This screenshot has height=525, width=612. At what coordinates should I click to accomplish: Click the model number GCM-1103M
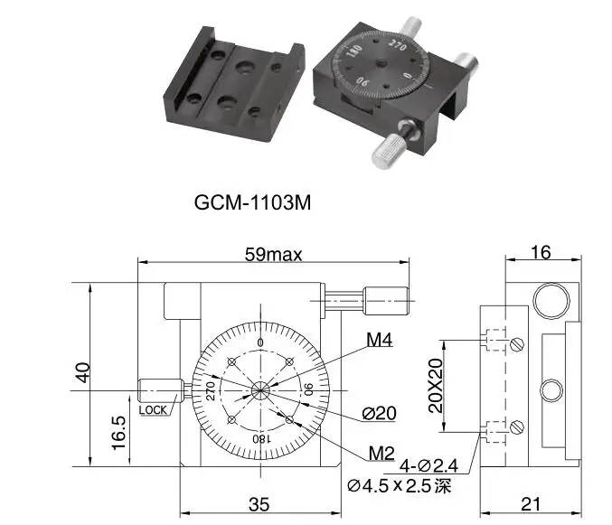pyautogui.click(x=252, y=202)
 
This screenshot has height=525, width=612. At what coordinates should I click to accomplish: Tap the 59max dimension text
pyautogui.click(x=273, y=255)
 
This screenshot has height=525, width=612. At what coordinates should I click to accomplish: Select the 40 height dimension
pyautogui.click(x=83, y=372)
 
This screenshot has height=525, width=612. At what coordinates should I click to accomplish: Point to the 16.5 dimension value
pyautogui.click(x=118, y=433)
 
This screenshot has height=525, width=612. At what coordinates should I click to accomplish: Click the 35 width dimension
pyautogui.click(x=259, y=504)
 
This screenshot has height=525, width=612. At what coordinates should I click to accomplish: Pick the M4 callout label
pyautogui.click(x=379, y=340)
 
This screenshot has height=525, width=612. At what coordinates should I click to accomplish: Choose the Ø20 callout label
pyautogui.click(x=379, y=414)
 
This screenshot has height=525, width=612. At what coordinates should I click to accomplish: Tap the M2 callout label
pyautogui.click(x=381, y=454)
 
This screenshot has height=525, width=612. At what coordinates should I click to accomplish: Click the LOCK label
pyautogui.click(x=153, y=410)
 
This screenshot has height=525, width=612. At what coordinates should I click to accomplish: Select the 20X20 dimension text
pyautogui.click(x=436, y=386)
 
